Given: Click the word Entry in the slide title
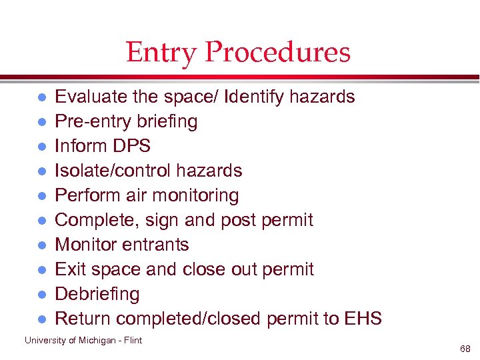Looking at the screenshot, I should coord(161,53).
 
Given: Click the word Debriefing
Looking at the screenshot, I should coord(97,294).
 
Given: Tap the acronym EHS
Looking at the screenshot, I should coord(363,319).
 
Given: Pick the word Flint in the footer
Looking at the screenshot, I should coord(132,341).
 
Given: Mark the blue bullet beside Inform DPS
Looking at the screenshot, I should coord(41,147).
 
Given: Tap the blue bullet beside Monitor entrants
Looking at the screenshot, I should coord(41,245).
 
